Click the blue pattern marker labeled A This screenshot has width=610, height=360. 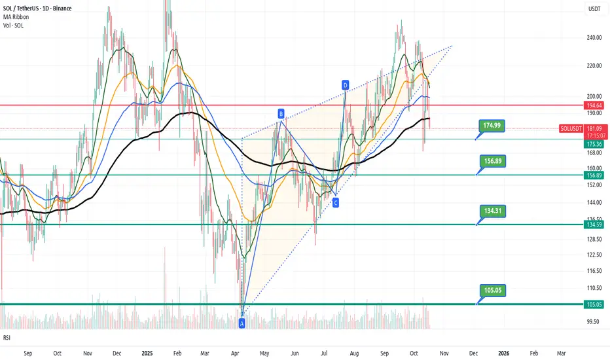[x=242, y=323]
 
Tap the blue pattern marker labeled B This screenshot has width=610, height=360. [x=281, y=114]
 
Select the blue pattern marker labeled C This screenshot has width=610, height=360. [x=336, y=204]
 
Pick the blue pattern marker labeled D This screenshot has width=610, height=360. [x=345, y=84]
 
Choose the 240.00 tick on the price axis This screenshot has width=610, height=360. [x=594, y=38]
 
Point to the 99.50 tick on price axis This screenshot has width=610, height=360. [x=594, y=321]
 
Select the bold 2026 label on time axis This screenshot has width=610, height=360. [x=503, y=353]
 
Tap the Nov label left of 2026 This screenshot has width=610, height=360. [x=444, y=353]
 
